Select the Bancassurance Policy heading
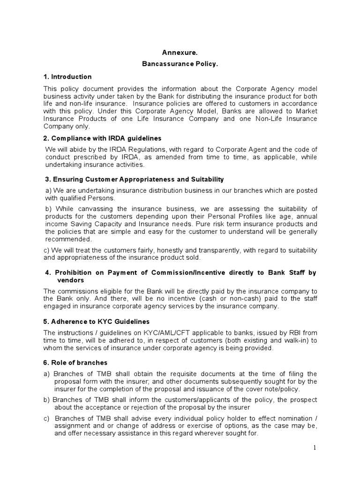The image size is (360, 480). coord(180,64)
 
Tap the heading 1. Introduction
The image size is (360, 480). coord(67,76)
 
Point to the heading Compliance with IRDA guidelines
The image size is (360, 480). coord(106,138)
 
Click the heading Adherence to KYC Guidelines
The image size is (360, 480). coord(100,322)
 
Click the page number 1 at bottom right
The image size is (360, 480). coord(315,448)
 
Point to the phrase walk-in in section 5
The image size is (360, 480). coord(298,340)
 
